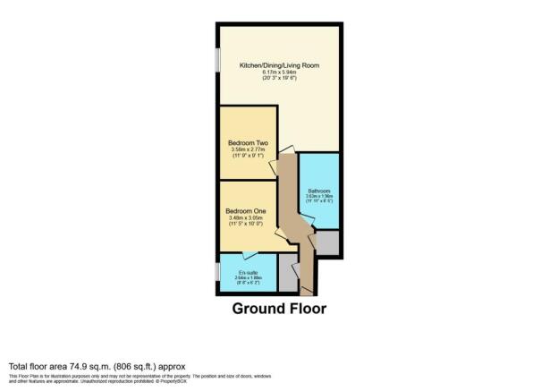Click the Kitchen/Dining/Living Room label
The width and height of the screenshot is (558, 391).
[278, 65]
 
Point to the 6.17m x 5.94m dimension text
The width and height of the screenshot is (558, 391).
[278, 72]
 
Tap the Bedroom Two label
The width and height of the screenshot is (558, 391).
[248, 140]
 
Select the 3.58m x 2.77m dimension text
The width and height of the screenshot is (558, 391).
[248, 148]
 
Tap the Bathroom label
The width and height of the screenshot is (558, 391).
[319, 191]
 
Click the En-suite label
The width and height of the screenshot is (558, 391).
[248, 272]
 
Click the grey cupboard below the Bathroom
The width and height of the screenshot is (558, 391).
[327, 242]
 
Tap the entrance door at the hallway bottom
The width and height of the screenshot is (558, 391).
[307, 288]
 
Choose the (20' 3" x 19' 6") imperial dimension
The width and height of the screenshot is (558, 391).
[278, 80]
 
